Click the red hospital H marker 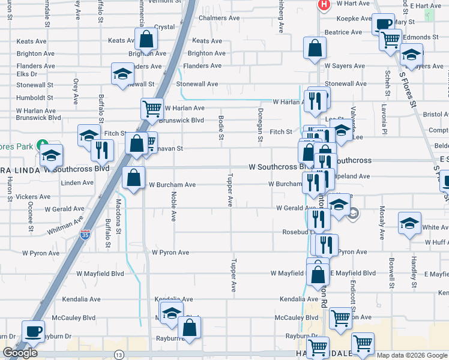[x=324, y=5]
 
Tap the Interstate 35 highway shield [x=85, y=234]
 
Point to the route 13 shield [x=119, y=355]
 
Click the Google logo [x=20, y=353]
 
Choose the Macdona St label [x=118, y=209]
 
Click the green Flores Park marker [x=42, y=145]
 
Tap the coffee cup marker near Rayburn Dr [x=33, y=331]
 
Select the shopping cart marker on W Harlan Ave [x=152, y=109]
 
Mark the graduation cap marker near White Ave [x=410, y=225]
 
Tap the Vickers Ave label [x=33, y=197]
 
